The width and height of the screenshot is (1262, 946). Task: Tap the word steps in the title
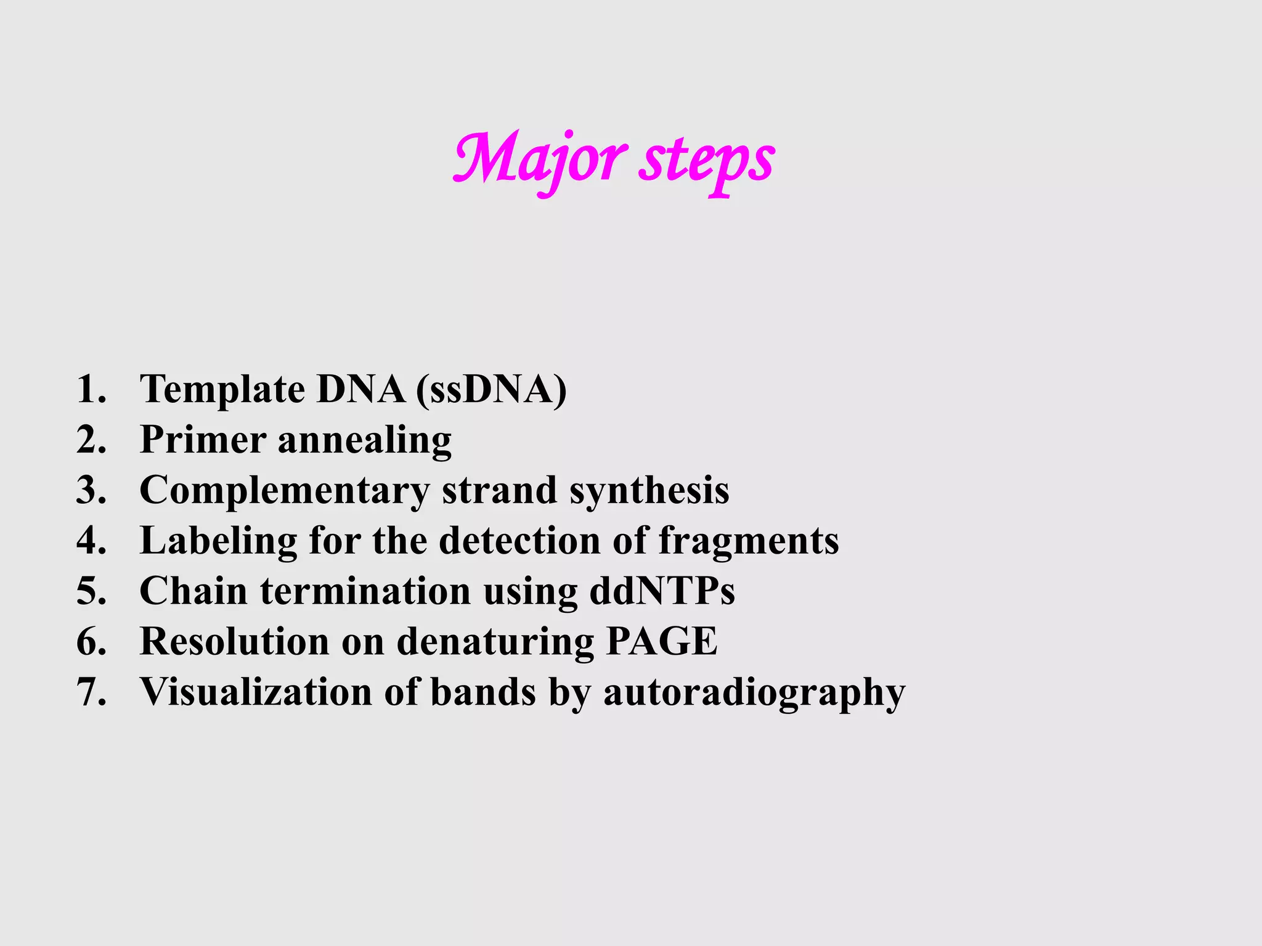click(706, 161)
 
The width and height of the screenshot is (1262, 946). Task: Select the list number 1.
click(91, 389)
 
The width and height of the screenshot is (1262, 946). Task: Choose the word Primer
click(203, 440)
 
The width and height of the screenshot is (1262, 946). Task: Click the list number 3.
click(91, 490)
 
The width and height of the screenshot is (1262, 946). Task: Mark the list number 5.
click(91, 591)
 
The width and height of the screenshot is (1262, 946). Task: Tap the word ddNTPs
click(662, 591)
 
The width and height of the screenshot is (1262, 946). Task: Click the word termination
click(365, 591)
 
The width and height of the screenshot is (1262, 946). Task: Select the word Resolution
click(234, 642)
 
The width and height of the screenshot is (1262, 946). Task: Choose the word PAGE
click(662, 642)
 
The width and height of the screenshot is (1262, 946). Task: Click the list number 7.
click(91, 692)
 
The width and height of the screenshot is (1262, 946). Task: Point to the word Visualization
click(256, 692)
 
